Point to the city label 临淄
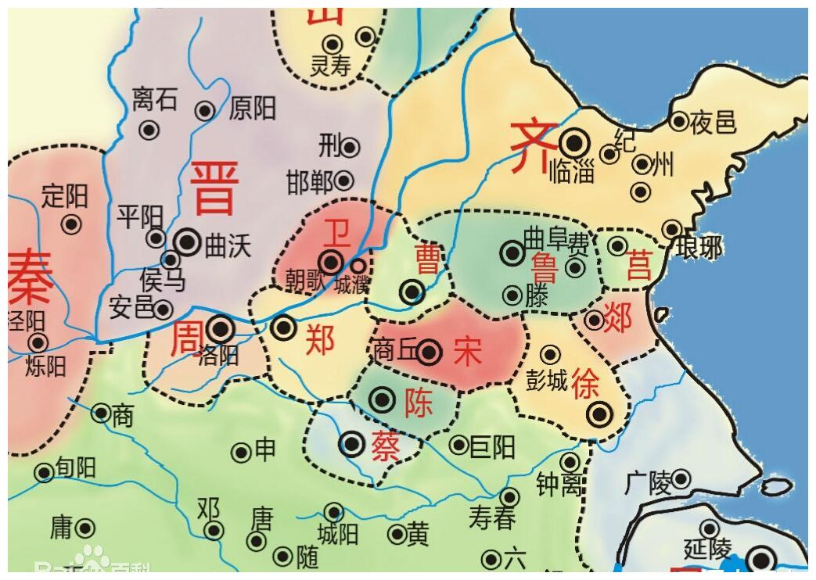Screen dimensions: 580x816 tap(573, 171)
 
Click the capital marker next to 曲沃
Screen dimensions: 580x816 tap(188, 242)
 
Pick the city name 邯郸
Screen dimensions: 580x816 tap(310, 182)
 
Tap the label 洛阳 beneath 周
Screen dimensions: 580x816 tap(218, 355)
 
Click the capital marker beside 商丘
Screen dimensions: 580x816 tap(429, 353)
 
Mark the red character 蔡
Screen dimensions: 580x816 tap(386, 446)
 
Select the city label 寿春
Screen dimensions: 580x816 tap(492, 517)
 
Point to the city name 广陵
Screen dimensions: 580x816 tap(649, 482)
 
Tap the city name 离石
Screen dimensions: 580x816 tap(154, 99)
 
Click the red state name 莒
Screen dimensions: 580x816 tap(638, 268)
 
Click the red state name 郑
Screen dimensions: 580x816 tap(319, 339)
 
